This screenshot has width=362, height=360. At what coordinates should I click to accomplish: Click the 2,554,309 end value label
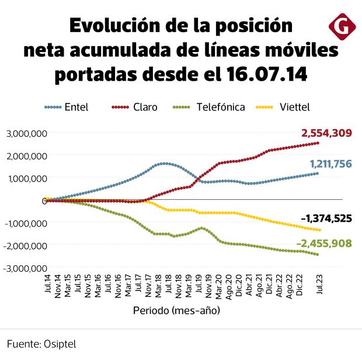click(x=326, y=133)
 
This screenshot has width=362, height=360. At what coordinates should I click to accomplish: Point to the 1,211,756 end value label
click(x=326, y=164)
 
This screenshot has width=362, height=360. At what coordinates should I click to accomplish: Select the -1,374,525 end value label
click(x=326, y=219)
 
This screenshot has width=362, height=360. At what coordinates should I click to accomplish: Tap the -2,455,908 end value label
click(x=323, y=243)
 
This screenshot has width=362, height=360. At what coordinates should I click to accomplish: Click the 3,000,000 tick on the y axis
click(x=26, y=134)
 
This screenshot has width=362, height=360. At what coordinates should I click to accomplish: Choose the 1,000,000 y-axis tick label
click(x=26, y=178)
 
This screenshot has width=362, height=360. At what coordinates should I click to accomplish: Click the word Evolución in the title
click(x=117, y=26)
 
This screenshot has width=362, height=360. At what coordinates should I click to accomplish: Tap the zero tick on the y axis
click(x=44, y=200)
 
